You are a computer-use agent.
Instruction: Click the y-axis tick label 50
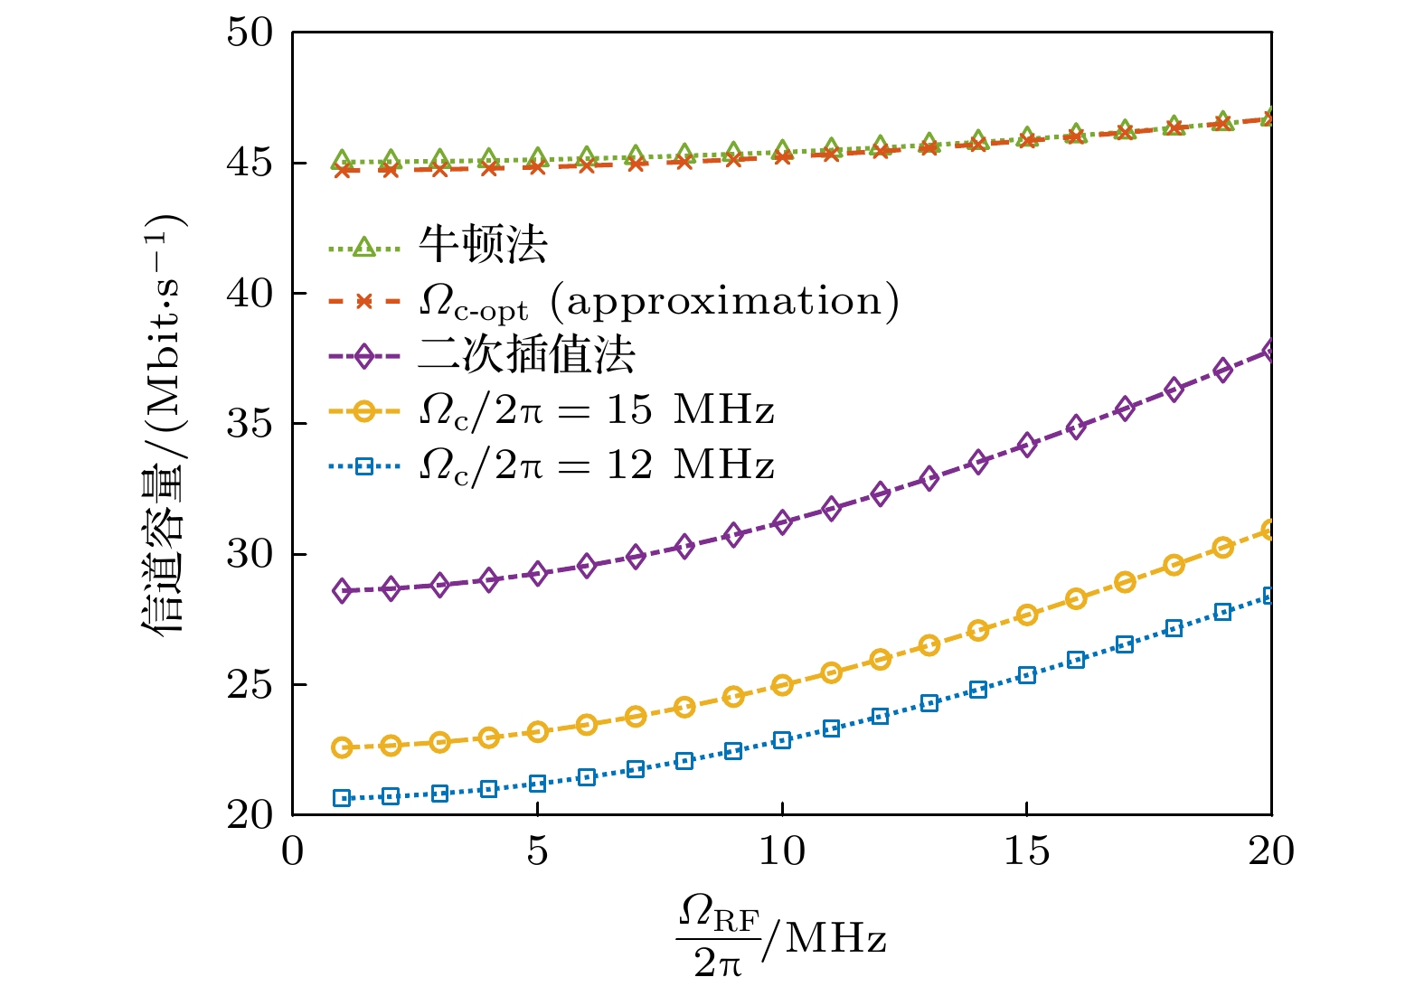coord(250,33)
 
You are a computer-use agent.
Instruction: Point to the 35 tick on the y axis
coord(250,424)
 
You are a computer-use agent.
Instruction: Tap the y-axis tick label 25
coord(250,685)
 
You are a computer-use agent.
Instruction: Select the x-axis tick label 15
coord(1026,851)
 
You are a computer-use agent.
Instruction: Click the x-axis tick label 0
coord(293,851)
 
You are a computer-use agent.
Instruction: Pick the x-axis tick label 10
coord(782,851)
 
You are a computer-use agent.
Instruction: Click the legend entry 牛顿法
coord(483,245)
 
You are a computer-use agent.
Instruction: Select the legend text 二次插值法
coord(526,355)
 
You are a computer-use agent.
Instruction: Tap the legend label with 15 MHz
coord(597,410)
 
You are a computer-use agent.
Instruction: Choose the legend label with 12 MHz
coord(597,465)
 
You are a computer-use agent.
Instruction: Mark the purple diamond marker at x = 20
coord(1270,351)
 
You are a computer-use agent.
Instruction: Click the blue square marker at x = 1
coord(342,798)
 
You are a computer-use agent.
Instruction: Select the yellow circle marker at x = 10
coord(782,685)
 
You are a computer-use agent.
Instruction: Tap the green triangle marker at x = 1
coord(342,161)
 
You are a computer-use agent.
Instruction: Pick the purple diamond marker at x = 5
coord(538,574)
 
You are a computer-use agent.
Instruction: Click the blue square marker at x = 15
coord(1026,675)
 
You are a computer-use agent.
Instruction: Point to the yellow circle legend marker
coord(363,411)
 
